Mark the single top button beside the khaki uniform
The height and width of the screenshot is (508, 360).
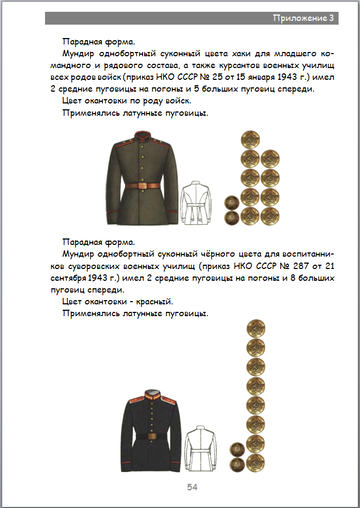tap(249, 140)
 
